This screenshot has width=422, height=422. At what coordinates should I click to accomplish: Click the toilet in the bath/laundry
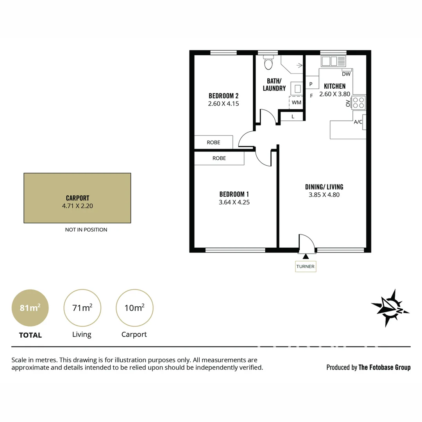(268, 63)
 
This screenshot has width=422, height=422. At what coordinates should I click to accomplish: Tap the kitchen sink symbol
(333, 61)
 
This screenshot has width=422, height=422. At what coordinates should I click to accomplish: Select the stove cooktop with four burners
(359, 103)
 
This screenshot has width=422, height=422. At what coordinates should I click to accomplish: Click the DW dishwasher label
(346, 74)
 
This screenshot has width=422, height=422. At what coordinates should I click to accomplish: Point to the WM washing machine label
(296, 102)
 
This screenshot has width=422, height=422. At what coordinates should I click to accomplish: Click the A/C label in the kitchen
(358, 122)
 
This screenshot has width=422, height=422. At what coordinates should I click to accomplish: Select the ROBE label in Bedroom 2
(213, 142)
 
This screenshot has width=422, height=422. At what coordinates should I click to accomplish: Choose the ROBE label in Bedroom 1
(219, 158)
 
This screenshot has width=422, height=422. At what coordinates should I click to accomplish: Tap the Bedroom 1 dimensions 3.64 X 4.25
(234, 202)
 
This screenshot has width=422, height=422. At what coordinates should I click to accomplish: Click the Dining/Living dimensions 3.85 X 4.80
(324, 195)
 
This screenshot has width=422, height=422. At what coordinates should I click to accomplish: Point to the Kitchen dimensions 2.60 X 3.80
(334, 94)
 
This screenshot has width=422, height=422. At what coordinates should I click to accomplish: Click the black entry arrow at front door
(306, 256)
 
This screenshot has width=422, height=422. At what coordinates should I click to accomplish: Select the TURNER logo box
(306, 266)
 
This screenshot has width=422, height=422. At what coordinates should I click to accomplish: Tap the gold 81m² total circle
(30, 308)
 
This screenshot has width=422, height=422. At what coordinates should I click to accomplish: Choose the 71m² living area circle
(82, 308)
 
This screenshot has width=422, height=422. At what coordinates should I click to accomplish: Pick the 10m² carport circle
(134, 308)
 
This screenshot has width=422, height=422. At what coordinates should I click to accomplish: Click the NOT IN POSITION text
(86, 230)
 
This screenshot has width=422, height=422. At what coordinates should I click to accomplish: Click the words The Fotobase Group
(384, 367)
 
